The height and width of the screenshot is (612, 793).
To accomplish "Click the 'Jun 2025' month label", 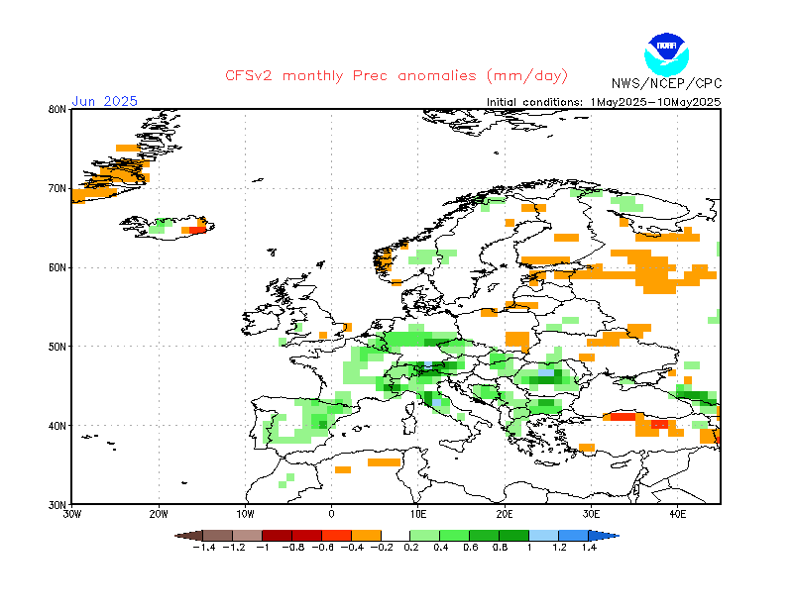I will (x=104, y=101).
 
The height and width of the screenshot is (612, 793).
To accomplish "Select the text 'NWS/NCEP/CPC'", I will (x=666, y=84).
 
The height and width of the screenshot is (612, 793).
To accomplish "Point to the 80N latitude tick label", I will (x=57, y=109).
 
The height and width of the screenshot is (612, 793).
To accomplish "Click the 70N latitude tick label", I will (x=57, y=188).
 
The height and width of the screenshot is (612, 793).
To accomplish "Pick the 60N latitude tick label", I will (x=57, y=267).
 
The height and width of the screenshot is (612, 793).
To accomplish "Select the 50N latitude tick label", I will (x=57, y=347).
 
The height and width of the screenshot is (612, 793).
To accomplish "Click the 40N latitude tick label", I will (x=57, y=426).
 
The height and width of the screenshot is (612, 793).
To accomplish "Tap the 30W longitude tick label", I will (x=71, y=514).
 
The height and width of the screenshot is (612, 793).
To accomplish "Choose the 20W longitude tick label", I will (x=159, y=514).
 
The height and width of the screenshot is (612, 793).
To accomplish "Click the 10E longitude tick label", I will (x=418, y=514).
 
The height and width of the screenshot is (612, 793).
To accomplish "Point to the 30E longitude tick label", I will (x=592, y=514).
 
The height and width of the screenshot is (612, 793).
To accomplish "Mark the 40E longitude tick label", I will (x=678, y=514).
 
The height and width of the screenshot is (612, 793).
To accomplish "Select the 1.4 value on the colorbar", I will (x=588, y=547).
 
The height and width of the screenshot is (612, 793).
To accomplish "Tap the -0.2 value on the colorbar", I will (x=381, y=547).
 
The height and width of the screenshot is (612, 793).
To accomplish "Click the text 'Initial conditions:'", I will (x=535, y=101).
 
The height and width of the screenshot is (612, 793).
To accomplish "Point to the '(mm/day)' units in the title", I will (x=525, y=76).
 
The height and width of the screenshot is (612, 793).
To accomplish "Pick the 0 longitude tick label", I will (x=332, y=514).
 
